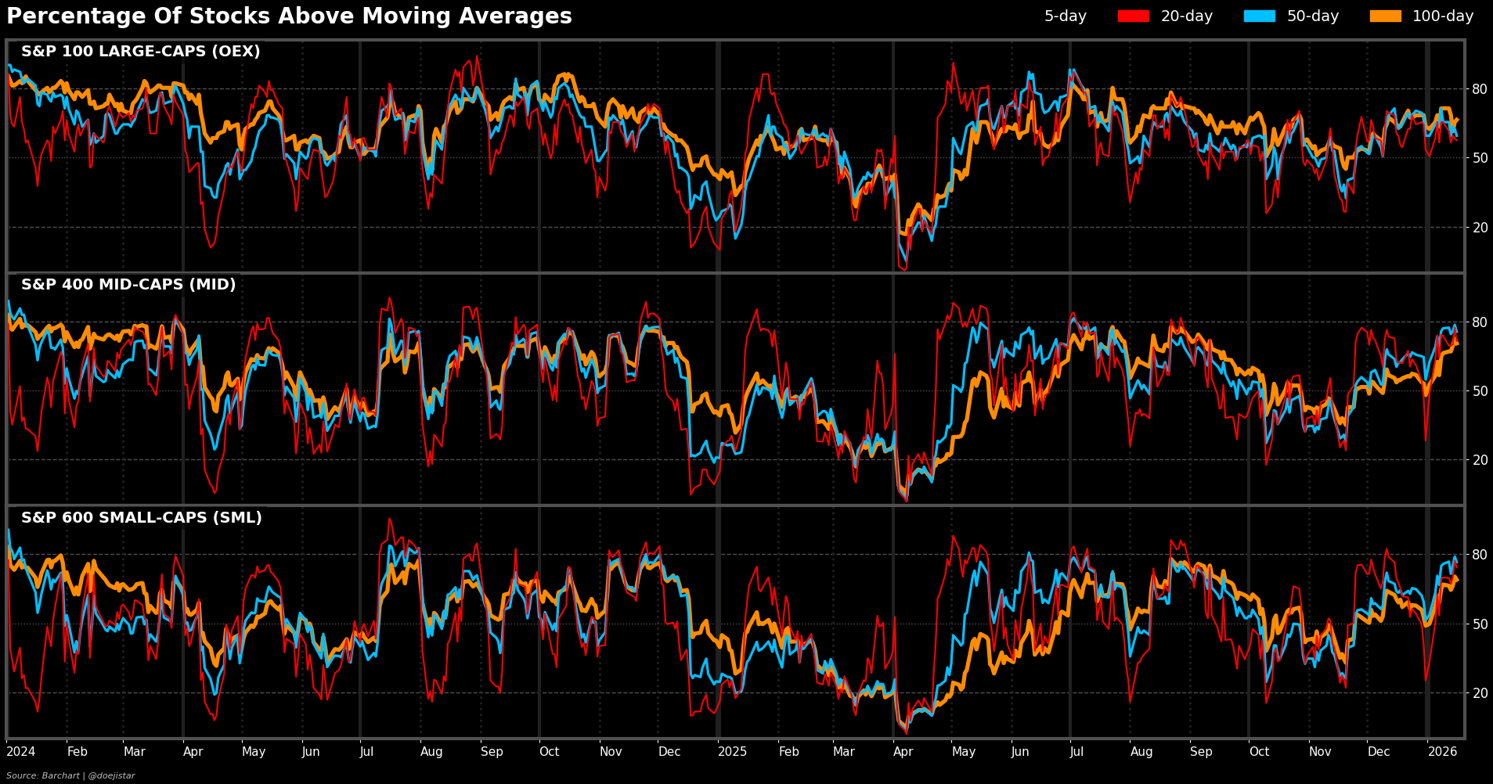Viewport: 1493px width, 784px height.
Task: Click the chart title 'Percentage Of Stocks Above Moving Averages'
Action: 289,16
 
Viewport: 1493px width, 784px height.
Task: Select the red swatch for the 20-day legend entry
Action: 1133,16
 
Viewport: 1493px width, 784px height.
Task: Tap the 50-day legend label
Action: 1313,16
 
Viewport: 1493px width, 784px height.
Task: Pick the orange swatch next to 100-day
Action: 1385,16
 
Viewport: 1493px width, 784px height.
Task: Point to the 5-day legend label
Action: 1065,16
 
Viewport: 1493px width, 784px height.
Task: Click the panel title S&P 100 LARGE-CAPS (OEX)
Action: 141,52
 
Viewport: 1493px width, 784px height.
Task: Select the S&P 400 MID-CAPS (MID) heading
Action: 128,285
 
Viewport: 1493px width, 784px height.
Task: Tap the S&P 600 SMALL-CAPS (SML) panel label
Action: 142,518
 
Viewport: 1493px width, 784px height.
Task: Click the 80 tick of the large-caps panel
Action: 1480,89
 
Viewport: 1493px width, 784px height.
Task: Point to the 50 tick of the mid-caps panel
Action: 1480,391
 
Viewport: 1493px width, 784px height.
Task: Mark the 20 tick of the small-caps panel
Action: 1480,693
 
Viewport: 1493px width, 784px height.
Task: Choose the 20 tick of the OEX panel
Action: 1480,228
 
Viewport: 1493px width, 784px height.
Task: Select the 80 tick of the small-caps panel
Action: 1480,555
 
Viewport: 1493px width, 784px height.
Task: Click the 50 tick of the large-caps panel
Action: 1480,158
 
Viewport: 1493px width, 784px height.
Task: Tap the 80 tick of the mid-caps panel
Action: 1480,322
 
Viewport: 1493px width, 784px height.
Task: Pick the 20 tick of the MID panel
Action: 1480,460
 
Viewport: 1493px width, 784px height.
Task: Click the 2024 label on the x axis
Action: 21,752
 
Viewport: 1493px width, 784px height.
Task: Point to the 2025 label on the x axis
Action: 733,752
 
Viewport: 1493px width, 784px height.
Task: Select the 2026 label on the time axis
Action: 1442,752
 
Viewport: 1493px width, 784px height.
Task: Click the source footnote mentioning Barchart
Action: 70,775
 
